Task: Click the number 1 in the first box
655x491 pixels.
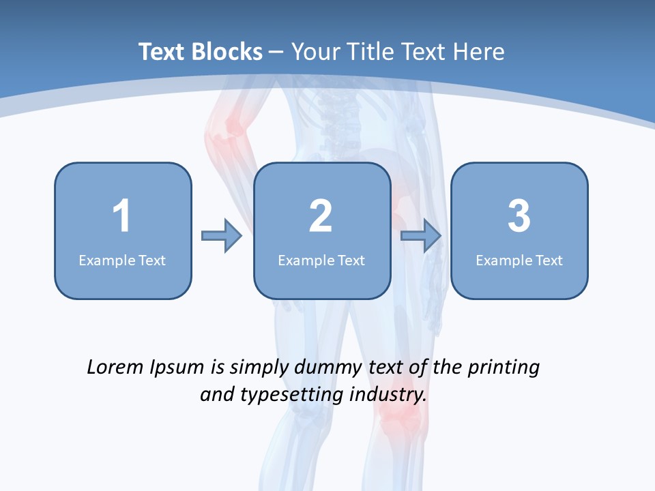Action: coord(121,216)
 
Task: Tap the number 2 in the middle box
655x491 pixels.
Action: coord(321,216)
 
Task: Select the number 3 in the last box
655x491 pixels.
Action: coord(519,216)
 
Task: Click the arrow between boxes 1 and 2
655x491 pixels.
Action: coord(222,236)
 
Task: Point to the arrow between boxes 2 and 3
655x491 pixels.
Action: coord(421,236)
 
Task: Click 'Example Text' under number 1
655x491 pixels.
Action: coord(122,260)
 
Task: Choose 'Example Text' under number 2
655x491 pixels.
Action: coord(321,260)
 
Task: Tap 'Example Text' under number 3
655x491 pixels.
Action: coord(519,260)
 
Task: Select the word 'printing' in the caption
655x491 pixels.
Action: coord(503,368)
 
